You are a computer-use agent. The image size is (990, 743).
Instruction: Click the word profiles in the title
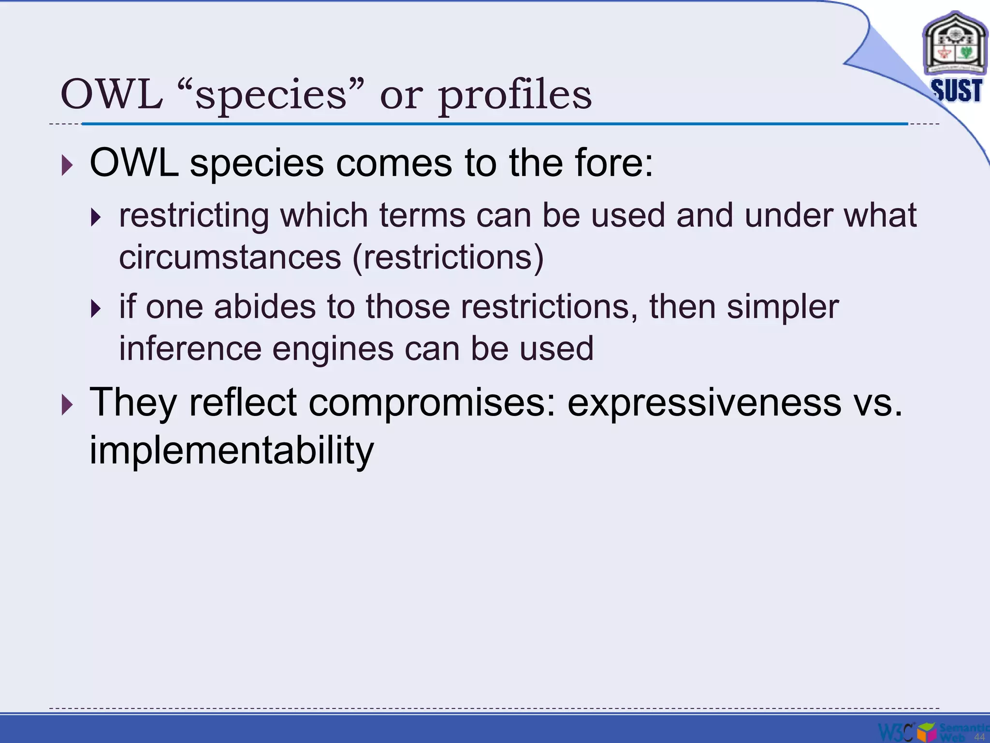click(514, 96)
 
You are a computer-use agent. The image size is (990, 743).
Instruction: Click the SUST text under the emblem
click(956, 90)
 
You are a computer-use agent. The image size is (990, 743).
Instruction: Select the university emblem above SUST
click(954, 45)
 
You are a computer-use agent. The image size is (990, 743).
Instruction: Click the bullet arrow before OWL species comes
click(67, 165)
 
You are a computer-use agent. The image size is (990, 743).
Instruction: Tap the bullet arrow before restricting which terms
click(96, 218)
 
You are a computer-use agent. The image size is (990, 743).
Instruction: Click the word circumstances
click(230, 257)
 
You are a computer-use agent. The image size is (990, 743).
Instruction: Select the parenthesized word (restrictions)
click(448, 257)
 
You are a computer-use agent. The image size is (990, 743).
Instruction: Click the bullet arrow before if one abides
click(96, 309)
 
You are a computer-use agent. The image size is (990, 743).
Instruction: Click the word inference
click(190, 348)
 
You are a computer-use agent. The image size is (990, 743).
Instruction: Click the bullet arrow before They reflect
click(67, 404)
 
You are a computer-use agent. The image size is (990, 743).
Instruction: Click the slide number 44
click(979, 737)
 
